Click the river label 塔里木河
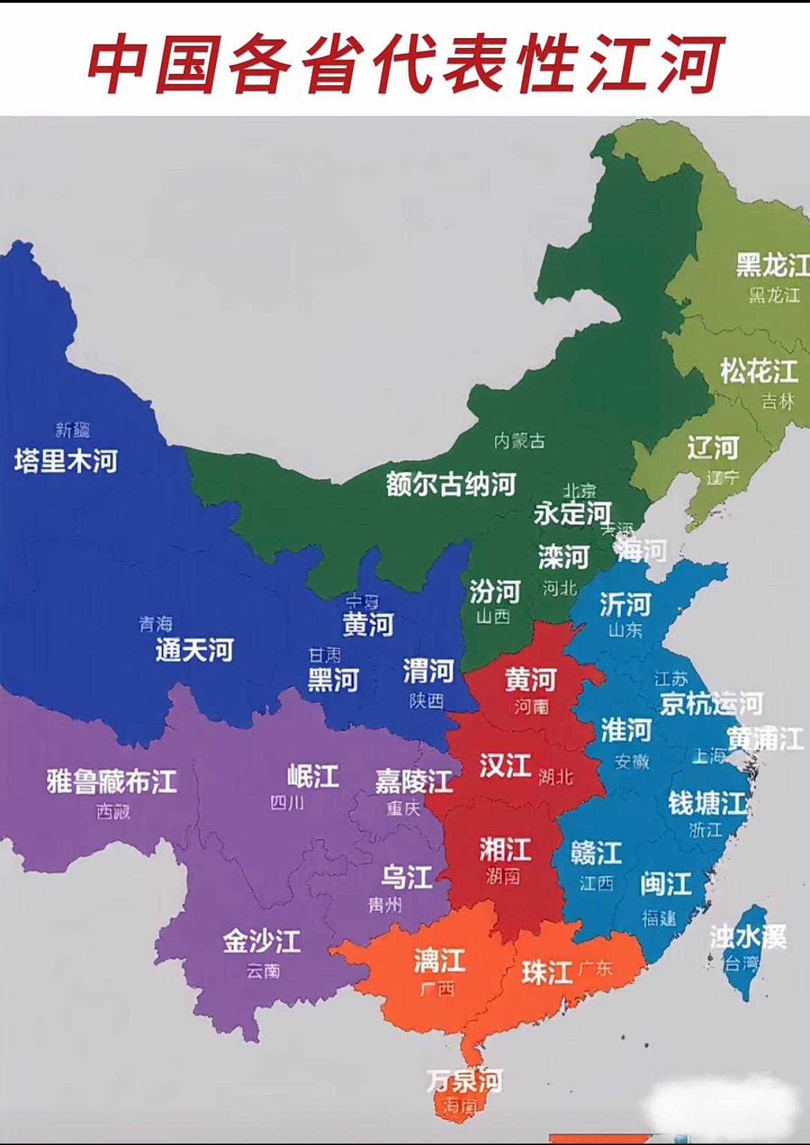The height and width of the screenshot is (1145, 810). click(66, 461)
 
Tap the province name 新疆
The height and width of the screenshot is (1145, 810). click(73, 430)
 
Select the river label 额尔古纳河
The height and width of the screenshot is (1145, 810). click(451, 484)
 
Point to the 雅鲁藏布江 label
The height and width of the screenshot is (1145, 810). click(112, 781)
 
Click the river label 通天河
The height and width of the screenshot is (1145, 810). click(195, 650)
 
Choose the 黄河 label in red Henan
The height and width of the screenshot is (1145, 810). click(530, 680)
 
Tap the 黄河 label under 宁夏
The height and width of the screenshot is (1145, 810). click(368, 625)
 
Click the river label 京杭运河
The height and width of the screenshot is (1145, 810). click(711, 704)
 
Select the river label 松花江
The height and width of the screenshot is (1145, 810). click(759, 372)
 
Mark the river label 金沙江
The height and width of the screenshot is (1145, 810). click(262, 941)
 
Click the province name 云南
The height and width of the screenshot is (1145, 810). click(263, 971)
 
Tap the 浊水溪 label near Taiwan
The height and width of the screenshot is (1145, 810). click(748, 937)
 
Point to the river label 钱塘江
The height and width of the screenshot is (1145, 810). click(707, 804)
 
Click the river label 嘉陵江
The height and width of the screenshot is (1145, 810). click(414, 782)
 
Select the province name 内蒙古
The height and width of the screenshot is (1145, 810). click(519, 441)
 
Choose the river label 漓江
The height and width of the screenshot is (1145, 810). click(439, 961)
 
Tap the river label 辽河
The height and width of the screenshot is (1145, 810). click(713, 448)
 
